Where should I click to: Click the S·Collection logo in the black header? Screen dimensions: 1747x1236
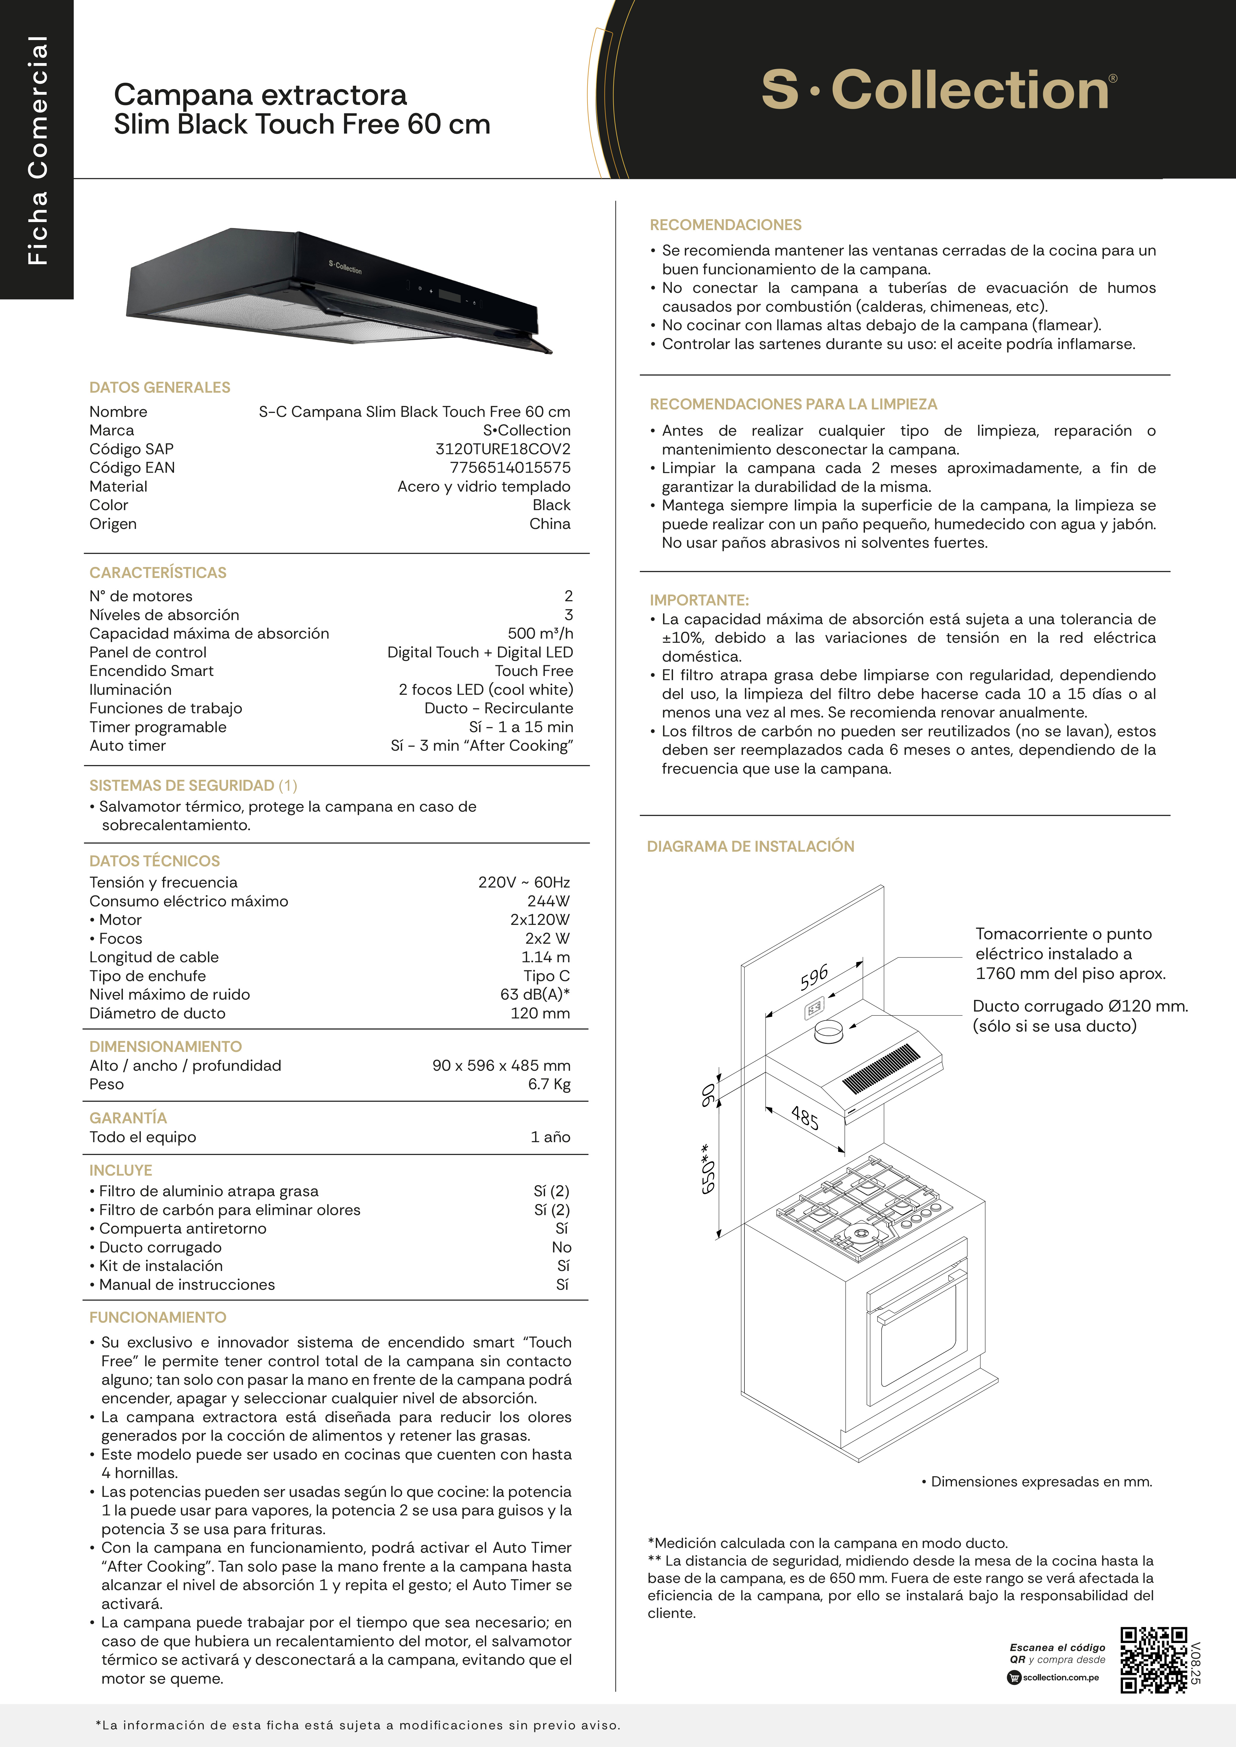point(939,90)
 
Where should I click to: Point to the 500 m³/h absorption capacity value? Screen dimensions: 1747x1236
point(540,633)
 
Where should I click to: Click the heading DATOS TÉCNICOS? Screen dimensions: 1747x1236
point(155,861)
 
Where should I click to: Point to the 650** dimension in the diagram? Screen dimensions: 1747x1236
point(708,1168)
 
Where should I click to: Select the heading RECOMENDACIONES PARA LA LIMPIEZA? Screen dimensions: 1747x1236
point(793,404)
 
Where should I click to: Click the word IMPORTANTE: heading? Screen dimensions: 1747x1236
point(699,600)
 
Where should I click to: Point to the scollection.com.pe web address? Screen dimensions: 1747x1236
point(1060,1677)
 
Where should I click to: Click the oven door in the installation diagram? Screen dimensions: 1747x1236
point(917,1328)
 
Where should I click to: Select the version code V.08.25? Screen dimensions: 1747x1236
point(1196,1662)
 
